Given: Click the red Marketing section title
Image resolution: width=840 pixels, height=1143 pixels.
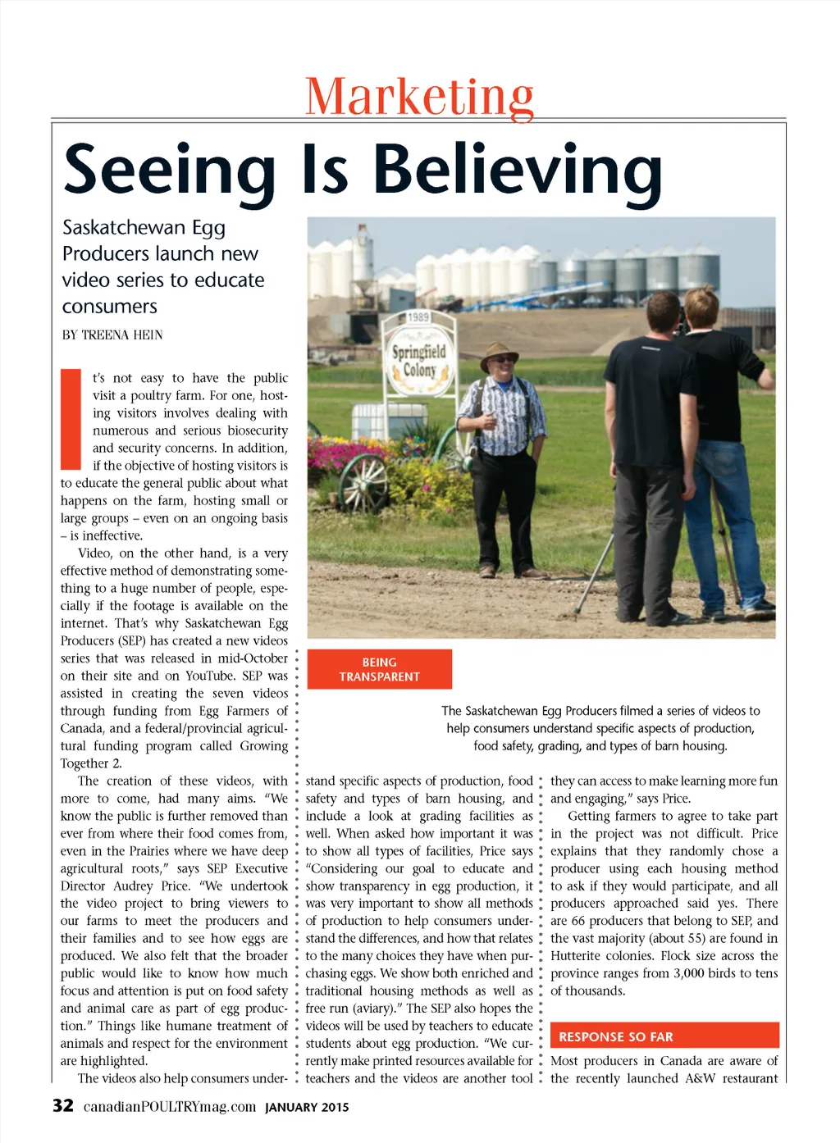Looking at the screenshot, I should point(419,97).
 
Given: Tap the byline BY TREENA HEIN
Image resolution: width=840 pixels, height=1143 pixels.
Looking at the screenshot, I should point(112,335).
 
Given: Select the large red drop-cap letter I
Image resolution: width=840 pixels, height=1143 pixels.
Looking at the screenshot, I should point(71,419).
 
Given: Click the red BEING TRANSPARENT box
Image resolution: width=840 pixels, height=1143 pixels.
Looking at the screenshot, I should point(379,669).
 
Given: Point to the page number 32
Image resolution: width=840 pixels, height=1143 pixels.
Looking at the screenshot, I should point(63,1106).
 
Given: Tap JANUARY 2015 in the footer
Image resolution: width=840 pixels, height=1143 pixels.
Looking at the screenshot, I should point(307,1107).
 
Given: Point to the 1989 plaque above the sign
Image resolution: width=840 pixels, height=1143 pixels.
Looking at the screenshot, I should point(418,317).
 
